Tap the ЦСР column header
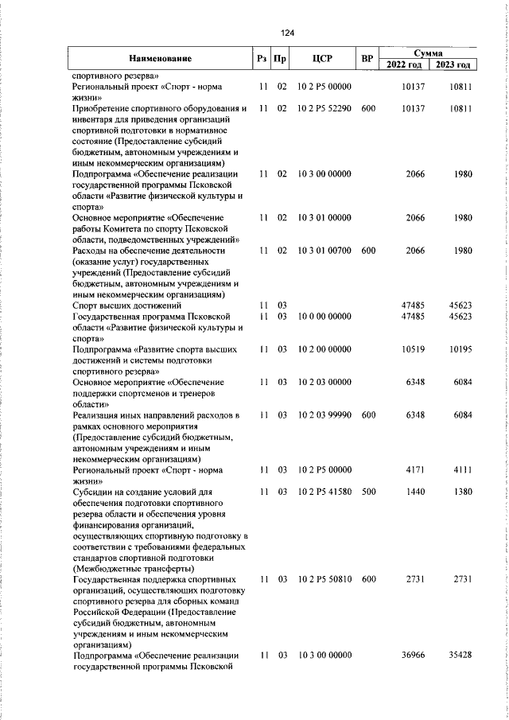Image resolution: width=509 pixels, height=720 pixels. (321, 58)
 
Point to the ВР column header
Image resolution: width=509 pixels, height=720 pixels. (367, 58)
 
